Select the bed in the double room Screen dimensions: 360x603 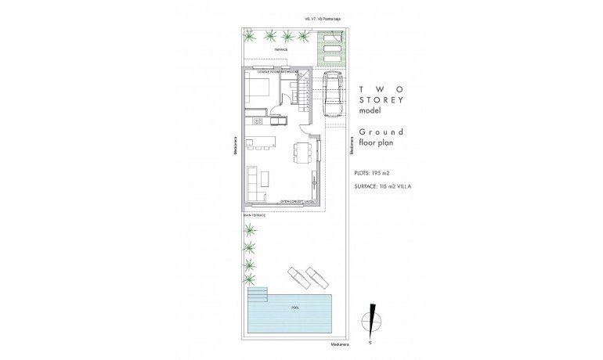point(256,88)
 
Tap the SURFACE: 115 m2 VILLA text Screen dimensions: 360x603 point(389,186)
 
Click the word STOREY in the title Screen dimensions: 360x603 point(381,101)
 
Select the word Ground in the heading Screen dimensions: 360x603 point(381,131)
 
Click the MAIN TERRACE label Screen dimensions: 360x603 point(255,214)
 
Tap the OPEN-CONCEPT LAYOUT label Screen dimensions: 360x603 point(298,201)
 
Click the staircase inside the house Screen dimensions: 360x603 point(302,95)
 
